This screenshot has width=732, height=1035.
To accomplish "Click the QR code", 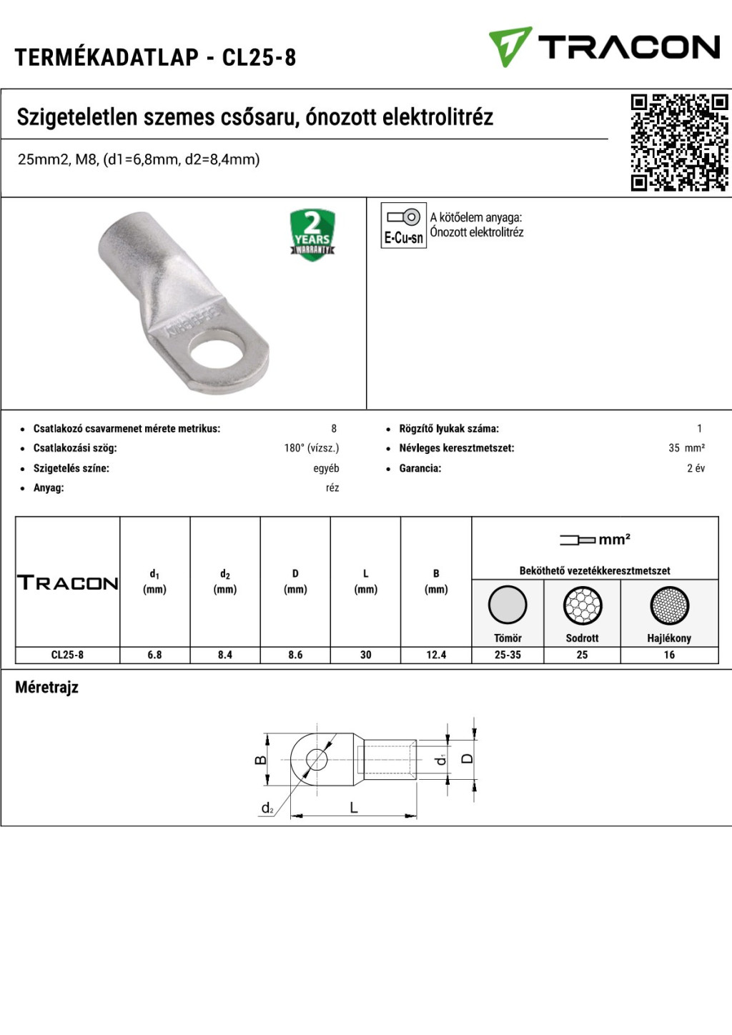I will point(679,142).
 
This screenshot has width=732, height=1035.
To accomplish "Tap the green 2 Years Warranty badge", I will point(312,234).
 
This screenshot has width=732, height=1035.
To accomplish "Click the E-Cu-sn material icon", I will point(403,225).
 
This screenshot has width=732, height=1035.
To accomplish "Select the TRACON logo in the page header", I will point(604,47).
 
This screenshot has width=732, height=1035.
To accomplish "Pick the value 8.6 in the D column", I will point(295,655).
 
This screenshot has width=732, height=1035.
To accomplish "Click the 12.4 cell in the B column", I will point(436,655).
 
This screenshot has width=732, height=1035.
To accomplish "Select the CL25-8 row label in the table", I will point(67,655).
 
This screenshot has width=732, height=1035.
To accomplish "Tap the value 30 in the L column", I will point(365,655).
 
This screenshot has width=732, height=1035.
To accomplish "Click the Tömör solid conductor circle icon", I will point(508,605).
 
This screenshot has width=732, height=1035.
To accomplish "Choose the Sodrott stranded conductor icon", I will point(582,605).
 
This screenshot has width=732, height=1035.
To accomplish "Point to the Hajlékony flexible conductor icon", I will point(669,605).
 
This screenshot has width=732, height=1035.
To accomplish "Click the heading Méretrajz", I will point(46,688).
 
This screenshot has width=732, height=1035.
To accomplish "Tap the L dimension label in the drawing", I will point(354,808).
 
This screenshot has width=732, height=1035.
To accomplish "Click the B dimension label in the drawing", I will point(261,760).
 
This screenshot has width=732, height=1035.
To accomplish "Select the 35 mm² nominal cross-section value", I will point(686,448).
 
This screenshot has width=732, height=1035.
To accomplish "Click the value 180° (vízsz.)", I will point(311,448).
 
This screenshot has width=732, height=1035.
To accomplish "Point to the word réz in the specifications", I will point(332,488).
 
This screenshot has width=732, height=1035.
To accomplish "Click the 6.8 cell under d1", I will point(154,655).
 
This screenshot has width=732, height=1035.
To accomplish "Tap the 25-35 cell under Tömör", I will point(508,655).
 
